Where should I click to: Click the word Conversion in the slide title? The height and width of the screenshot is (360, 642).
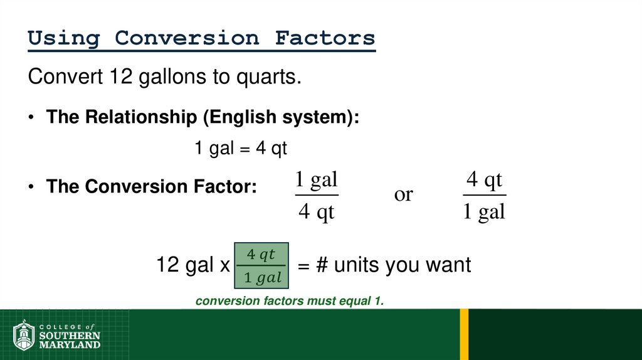click(x=186, y=38)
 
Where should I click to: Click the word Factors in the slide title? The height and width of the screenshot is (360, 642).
click(x=325, y=38)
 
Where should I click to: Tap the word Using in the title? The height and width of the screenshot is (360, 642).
click(x=64, y=38)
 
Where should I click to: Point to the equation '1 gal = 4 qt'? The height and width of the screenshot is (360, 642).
click(x=240, y=149)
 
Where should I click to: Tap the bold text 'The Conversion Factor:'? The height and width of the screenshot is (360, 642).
click(x=151, y=187)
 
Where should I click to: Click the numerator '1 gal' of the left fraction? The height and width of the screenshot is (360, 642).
click(x=316, y=181)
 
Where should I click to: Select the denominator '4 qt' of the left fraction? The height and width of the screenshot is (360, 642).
click(x=316, y=212)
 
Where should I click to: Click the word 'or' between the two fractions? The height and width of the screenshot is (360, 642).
click(x=403, y=195)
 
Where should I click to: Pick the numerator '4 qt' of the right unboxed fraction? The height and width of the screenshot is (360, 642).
click(x=484, y=181)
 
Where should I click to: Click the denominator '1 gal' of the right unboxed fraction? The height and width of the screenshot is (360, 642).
click(x=484, y=212)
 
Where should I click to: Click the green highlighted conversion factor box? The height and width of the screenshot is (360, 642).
click(x=261, y=265)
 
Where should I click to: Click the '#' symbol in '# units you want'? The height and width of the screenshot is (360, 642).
click(x=322, y=265)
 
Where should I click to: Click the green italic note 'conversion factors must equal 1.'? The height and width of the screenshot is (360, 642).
click(x=289, y=302)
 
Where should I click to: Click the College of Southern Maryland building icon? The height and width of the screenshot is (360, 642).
click(x=24, y=336)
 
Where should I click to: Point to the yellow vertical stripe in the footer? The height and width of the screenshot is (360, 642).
click(x=464, y=334)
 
